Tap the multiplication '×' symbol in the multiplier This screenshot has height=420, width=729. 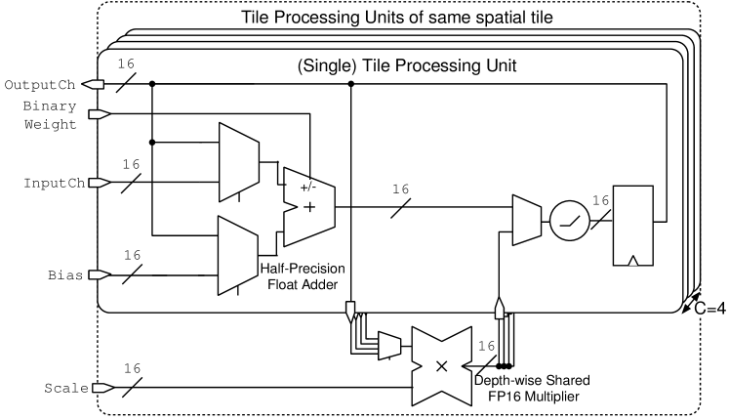(x=440, y=365)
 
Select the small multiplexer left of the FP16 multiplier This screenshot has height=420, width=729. (x=387, y=343)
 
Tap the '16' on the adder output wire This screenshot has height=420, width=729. (x=399, y=190)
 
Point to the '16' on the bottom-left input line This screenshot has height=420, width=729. (x=134, y=368)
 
